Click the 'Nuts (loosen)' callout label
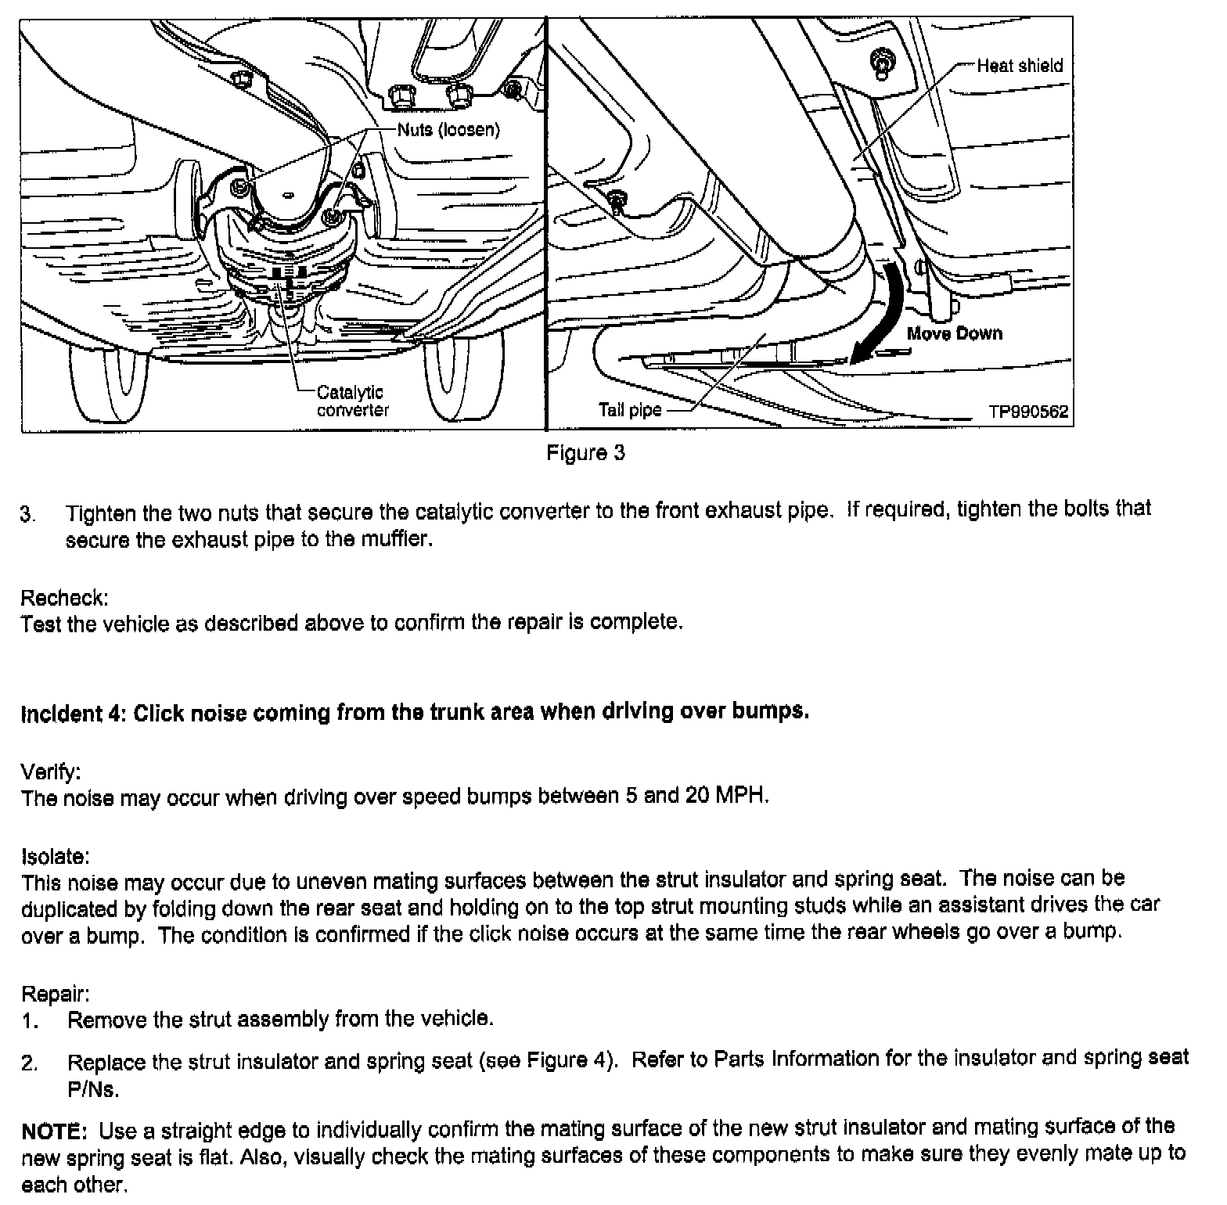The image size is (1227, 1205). pos(448,130)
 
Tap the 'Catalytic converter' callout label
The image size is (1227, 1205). pos(351,401)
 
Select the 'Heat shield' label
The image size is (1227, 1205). pos(1020,66)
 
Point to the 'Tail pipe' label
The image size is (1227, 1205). pos(630,409)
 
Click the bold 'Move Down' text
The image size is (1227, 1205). pos(954,333)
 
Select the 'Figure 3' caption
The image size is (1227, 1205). pos(585,453)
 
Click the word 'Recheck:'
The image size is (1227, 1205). pos(64,598)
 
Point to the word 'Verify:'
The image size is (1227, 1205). pos(51,772)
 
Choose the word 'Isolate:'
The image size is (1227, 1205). pos(56,855)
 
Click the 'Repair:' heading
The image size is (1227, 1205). pos(55,994)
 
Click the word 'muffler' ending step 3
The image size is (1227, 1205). pos(400,540)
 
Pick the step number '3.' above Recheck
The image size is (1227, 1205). pos(28,514)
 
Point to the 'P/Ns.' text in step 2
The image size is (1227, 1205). pos(93,1089)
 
